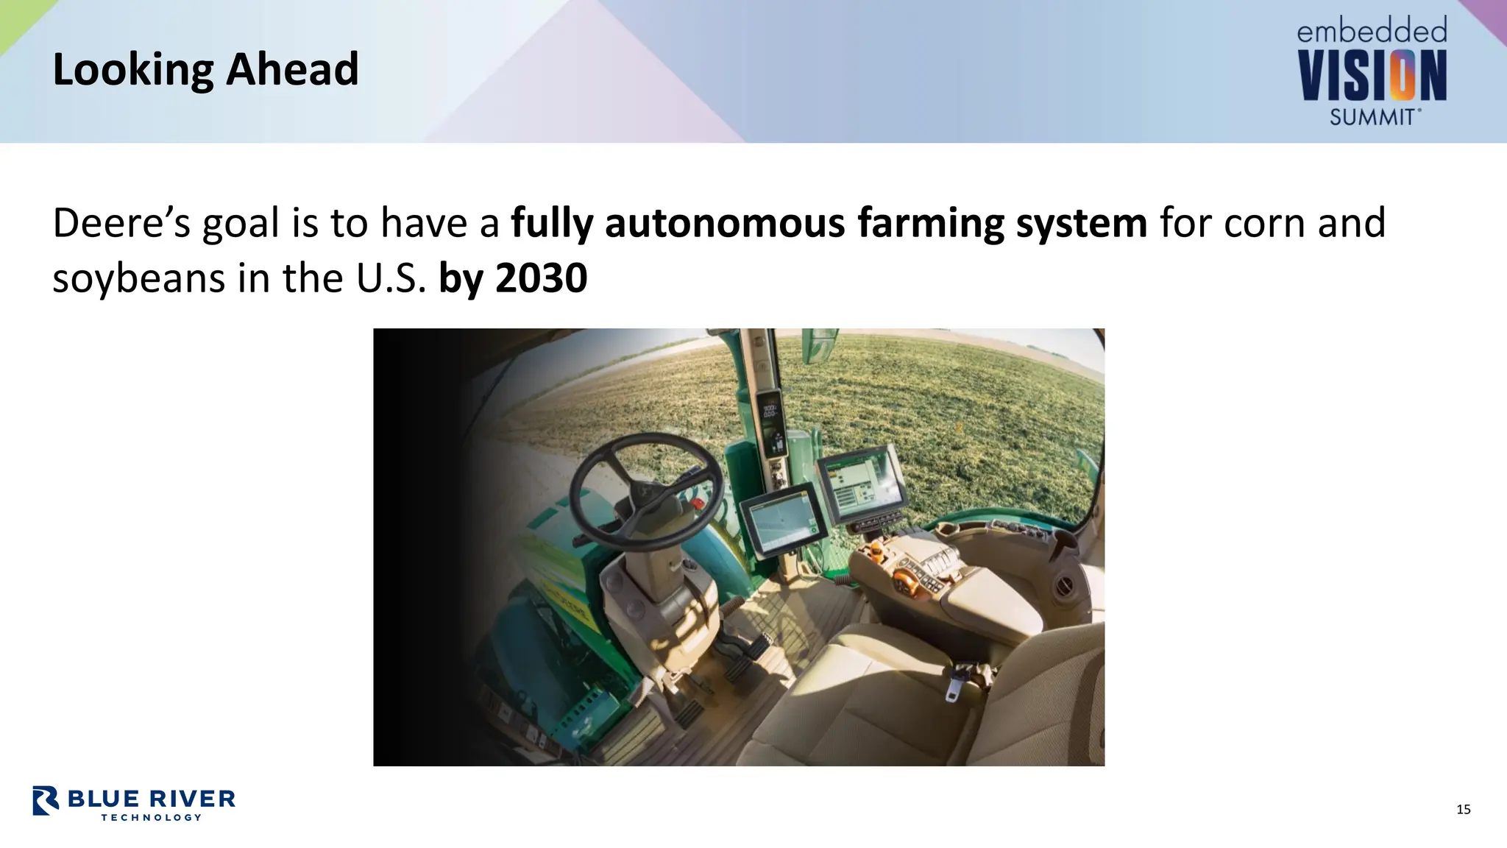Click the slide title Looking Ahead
(205, 70)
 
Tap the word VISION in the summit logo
(1372, 76)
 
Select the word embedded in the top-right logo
(1372, 32)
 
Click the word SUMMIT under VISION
(1372, 117)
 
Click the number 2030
(542, 279)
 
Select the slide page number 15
(1463, 810)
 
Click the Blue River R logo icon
(46, 801)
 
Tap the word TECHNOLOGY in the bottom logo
(151, 817)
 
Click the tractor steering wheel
(645, 490)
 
